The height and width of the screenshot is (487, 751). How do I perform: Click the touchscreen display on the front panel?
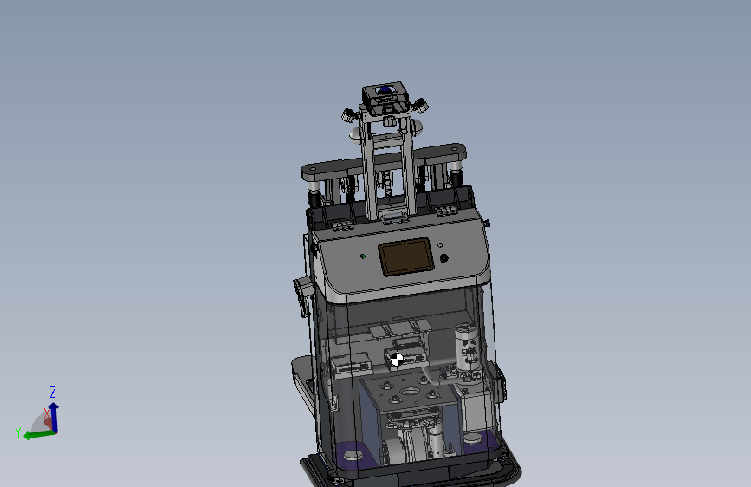click(x=405, y=256)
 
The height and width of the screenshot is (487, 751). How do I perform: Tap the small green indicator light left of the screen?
click(x=362, y=256)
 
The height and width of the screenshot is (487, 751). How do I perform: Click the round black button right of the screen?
click(x=444, y=258)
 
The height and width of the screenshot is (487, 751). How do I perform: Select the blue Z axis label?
click(x=53, y=392)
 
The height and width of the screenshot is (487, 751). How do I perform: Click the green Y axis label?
click(x=17, y=431)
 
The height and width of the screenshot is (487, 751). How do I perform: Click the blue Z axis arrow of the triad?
click(x=54, y=415)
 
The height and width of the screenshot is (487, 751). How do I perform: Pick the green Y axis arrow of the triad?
click(x=36, y=433)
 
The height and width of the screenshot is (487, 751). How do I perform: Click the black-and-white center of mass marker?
click(x=397, y=358)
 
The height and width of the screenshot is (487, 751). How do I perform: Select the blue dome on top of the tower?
click(x=385, y=89)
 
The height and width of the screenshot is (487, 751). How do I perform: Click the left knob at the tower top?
click(x=348, y=114)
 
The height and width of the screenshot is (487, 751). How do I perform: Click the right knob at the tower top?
click(x=422, y=107)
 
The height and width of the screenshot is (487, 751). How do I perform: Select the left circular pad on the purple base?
click(x=353, y=453)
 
